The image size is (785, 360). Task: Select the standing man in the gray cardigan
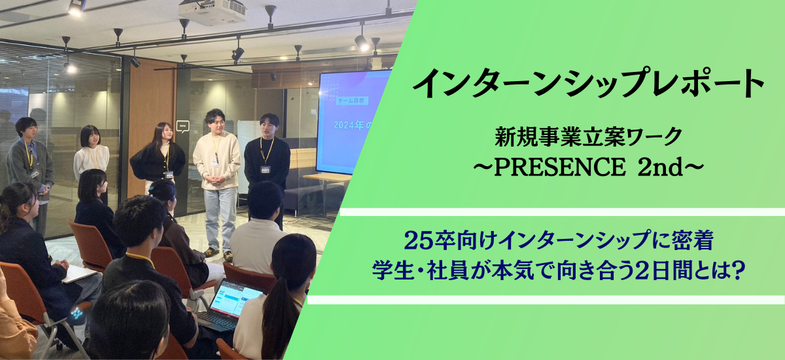coord(30,167)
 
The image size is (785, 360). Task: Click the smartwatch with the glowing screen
coord(77,314)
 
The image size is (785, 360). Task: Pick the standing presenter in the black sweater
coord(268,164)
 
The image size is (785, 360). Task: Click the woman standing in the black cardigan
coord(158,160)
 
